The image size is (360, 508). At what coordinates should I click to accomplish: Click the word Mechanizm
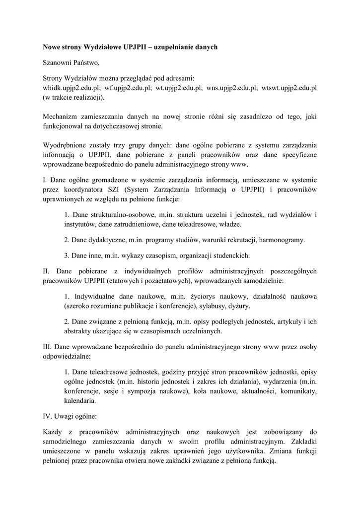(x=61, y=117)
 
